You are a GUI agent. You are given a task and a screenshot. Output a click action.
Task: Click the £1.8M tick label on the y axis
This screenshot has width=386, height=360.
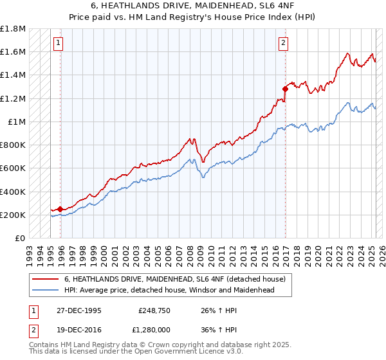(x=13, y=29)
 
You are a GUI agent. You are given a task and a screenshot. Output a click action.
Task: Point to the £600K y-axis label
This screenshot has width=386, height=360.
(x=13, y=168)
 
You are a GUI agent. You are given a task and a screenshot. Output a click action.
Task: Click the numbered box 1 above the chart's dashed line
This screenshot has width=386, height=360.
(x=58, y=43)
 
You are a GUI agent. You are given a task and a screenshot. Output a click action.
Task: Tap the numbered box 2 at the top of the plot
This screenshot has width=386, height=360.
(x=283, y=43)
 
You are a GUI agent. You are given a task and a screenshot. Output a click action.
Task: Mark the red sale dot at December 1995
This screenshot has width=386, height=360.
(x=60, y=209)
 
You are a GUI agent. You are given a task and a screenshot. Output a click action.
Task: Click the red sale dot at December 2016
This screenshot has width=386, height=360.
(x=285, y=89)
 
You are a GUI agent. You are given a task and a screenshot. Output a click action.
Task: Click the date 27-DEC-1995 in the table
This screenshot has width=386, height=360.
(x=79, y=310)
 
